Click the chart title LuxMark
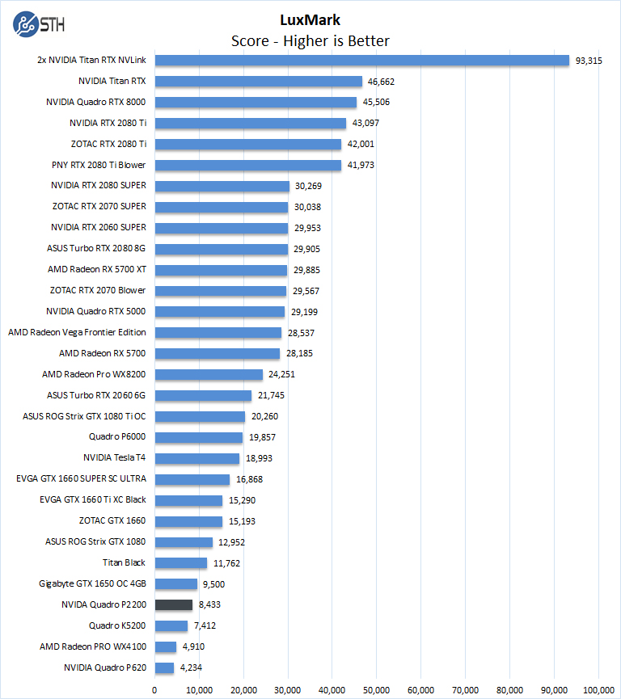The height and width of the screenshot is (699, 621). click(310, 20)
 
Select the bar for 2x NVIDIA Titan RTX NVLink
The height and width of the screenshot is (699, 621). click(361, 61)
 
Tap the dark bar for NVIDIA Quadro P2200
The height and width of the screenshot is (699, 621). click(173, 604)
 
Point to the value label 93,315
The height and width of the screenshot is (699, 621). click(589, 61)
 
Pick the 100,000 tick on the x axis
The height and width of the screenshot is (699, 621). click(598, 690)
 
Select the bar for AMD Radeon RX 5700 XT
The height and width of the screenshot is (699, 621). click(221, 270)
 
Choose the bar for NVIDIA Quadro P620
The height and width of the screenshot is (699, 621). click(164, 667)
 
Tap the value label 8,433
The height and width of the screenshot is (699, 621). click(213, 604)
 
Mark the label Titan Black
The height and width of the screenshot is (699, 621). click(125, 563)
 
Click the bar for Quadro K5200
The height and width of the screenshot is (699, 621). click(171, 625)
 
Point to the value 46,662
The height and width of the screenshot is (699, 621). click(381, 82)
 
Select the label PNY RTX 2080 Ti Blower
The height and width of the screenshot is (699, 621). click(99, 165)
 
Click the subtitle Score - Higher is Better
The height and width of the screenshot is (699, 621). click(310, 40)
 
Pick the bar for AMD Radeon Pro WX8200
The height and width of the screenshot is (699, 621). click(209, 374)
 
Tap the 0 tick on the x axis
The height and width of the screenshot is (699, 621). click(154, 690)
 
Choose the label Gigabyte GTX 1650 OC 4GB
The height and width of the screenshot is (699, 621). click(92, 583)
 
